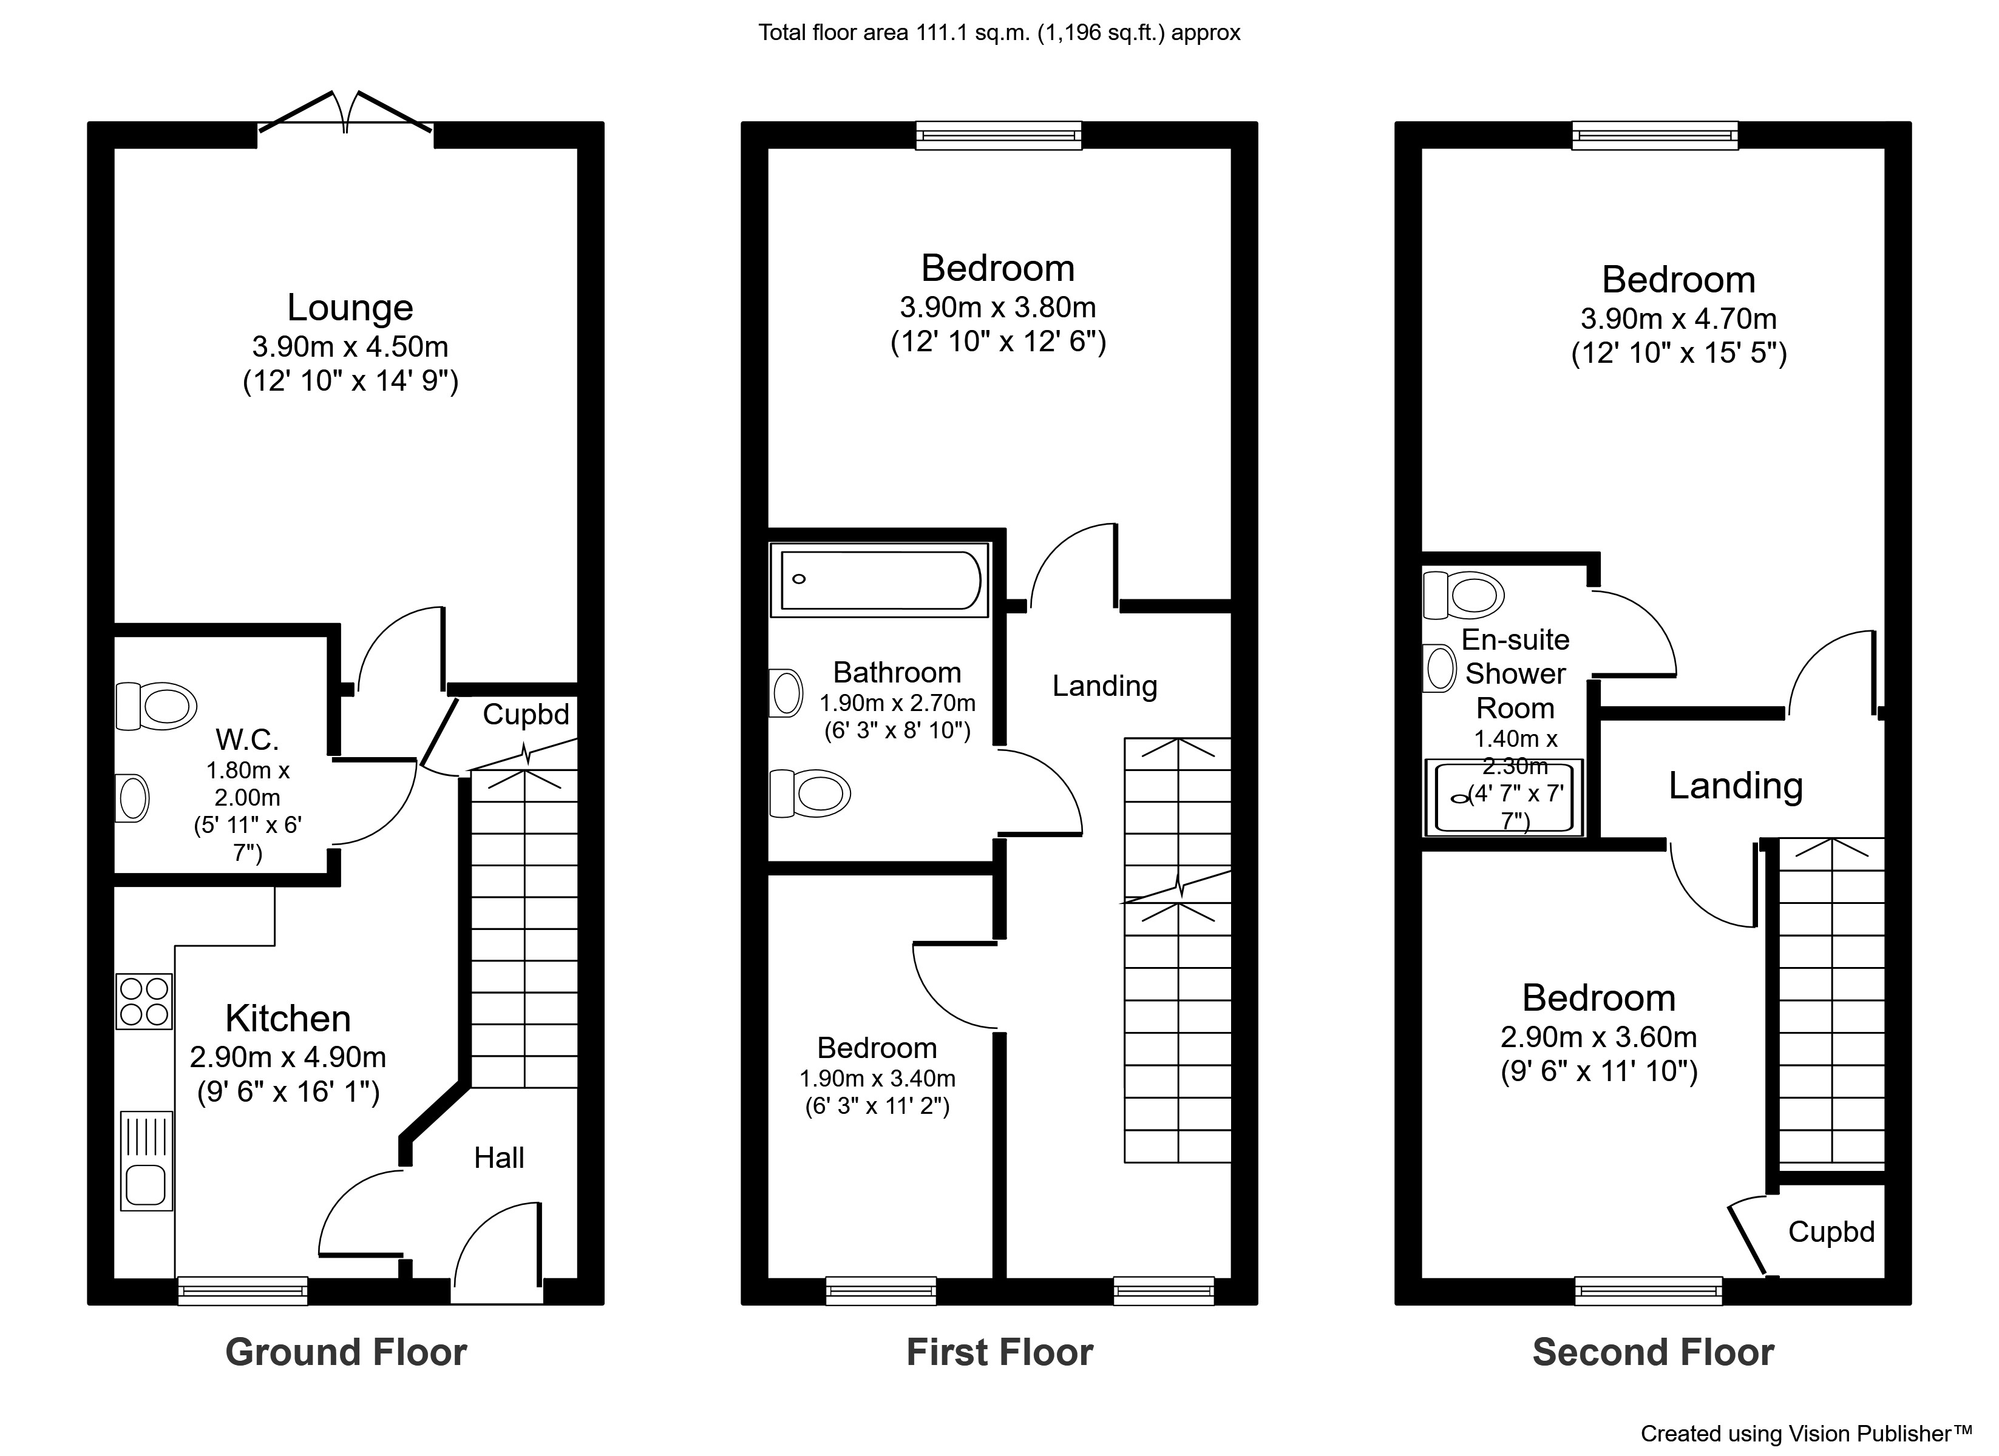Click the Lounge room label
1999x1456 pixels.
tap(350, 308)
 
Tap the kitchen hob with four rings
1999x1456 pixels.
tap(144, 1002)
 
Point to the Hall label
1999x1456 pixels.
tap(499, 1158)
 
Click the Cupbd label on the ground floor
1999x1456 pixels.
tap(526, 714)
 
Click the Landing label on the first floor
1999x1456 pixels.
tap(1104, 686)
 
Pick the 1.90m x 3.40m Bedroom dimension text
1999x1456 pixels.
tap(877, 1079)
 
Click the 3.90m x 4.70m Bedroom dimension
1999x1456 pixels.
tap(1678, 319)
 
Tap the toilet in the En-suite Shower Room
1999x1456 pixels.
tap(1464, 595)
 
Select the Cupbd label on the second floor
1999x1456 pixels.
tap(1831, 1232)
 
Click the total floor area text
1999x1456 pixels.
tap(999, 33)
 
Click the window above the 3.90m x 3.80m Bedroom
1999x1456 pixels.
tap(999, 135)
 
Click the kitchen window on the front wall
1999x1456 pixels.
tap(242, 1291)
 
